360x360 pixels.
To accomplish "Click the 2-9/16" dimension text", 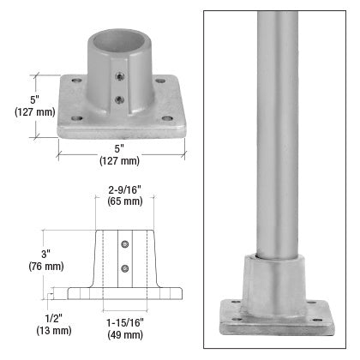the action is click(x=125, y=189).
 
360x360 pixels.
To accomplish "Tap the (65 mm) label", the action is click(x=125, y=201).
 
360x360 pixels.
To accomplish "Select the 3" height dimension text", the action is click(x=45, y=254).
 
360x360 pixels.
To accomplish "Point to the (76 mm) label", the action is click(x=46, y=267).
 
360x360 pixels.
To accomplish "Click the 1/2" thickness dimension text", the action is click(x=54, y=318).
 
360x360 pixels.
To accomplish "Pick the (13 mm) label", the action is click(x=54, y=331).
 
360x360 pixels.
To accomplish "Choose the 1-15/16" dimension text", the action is click(x=125, y=323).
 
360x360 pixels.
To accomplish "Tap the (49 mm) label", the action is click(x=125, y=335).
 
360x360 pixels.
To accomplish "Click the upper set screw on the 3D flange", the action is click(x=119, y=76).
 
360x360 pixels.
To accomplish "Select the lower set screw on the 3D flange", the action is click(x=119, y=99).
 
